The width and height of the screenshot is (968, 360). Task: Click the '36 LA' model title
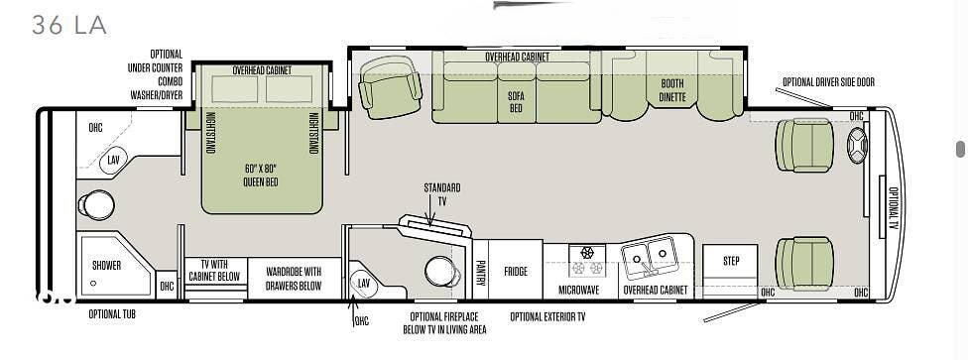[x=69, y=25]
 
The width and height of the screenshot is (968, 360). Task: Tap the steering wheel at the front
[x=858, y=146]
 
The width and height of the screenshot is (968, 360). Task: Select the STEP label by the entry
[x=731, y=261]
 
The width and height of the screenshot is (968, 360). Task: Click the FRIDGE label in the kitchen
[x=516, y=271]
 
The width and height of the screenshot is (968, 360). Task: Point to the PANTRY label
[x=480, y=272]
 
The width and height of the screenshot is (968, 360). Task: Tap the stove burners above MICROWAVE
[x=587, y=261]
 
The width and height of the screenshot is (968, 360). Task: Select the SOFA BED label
[x=516, y=102]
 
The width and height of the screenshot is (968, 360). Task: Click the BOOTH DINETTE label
[x=672, y=90]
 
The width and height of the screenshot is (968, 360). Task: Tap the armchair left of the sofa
[x=390, y=87]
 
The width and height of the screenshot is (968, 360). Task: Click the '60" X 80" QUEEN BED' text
[x=261, y=175]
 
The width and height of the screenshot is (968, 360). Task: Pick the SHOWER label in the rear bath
[x=106, y=266]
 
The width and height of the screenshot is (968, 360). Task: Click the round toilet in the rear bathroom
[x=96, y=205]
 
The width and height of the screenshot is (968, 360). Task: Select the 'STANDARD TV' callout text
[x=441, y=194]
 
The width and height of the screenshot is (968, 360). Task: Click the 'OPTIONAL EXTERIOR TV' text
[x=547, y=316]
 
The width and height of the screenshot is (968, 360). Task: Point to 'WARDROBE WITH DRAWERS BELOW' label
[x=294, y=279]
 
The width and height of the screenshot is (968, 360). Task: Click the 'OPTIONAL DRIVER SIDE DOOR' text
[x=828, y=82]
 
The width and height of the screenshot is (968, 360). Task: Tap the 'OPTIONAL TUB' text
[x=112, y=313]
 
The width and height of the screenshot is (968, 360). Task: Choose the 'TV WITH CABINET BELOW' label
[x=214, y=271]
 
